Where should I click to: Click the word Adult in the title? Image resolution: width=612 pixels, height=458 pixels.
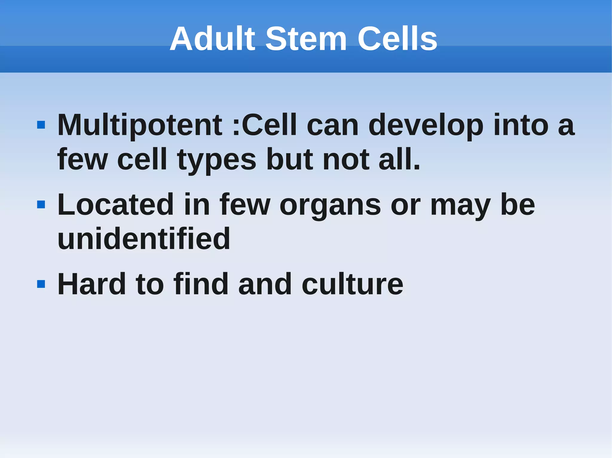(212, 39)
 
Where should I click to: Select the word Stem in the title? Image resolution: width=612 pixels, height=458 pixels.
(306, 39)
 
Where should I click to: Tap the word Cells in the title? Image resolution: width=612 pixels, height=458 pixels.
(397, 39)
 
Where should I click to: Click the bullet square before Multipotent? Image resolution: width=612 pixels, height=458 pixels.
(41, 125)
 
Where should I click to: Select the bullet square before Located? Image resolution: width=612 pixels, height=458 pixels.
(41, 205)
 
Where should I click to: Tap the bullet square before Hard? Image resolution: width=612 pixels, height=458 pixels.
(41, 284)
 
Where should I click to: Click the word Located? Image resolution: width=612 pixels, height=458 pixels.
(115, 205)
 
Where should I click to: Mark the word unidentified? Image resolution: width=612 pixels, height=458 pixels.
(144, 239)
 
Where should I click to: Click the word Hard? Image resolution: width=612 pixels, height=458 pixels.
(91, 284)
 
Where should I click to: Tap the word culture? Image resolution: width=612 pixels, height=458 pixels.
(352, 284)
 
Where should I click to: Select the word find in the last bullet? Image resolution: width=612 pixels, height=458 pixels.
(201, 284)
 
